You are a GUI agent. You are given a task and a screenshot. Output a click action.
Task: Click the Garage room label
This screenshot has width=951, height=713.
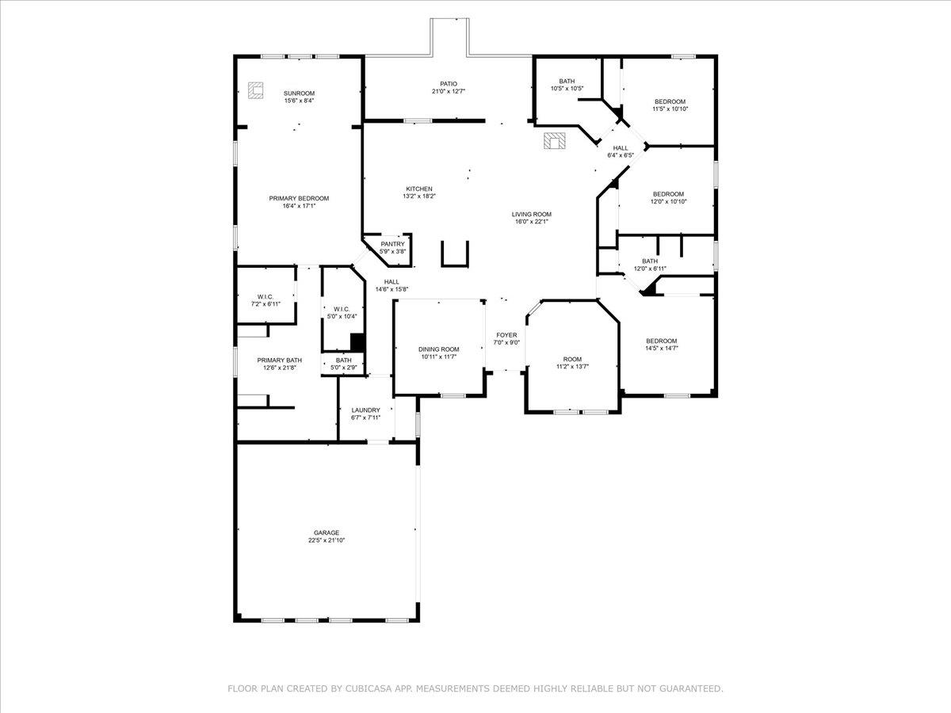tap(327, 532)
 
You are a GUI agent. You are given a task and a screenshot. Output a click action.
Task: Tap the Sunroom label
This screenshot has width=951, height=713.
tap(300, 93)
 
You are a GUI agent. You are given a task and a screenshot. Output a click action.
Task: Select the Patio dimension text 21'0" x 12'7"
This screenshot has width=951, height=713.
tap(449, 91)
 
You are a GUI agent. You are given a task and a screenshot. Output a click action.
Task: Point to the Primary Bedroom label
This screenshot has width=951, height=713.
tap(299, 198)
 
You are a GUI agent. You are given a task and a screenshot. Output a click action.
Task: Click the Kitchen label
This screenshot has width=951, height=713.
tap(419, 189)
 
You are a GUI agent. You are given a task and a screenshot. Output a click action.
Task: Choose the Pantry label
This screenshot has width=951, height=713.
tap(392, 244)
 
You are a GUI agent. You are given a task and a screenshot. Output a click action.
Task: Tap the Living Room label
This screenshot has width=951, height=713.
tap(531, 214)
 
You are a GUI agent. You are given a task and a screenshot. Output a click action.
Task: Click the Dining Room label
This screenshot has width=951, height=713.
tap(439, 349)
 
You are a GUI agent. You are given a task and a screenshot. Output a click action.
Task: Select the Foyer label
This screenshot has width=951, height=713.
tap(506, 335)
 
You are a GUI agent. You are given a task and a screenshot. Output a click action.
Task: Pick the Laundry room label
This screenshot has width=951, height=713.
tap(366, 410)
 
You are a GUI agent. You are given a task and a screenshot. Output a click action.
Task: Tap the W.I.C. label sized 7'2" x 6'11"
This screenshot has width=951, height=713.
tap(265, 296)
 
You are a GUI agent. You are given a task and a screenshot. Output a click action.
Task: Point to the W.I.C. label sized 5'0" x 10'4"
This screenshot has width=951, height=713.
tap(342, 309)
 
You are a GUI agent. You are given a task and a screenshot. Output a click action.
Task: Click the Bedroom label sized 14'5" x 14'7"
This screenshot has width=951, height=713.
tap(661, 341)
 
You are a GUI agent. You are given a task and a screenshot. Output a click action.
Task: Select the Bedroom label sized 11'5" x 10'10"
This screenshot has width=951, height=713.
tap(670, 101)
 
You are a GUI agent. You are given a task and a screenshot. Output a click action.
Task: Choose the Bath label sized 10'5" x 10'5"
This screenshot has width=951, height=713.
tap(567, 81)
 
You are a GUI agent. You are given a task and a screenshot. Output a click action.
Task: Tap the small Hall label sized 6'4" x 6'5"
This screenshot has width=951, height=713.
tap(620, 148)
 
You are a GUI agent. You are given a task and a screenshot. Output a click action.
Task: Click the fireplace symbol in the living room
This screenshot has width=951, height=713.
tap(555, 142)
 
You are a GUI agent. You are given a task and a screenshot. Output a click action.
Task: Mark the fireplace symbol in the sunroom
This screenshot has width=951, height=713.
tap(255, 92)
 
